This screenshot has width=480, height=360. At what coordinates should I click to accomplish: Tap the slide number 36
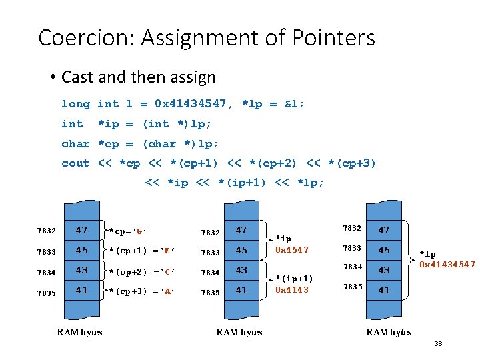click(438, 343)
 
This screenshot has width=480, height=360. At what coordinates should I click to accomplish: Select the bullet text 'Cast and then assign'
click(139, 77)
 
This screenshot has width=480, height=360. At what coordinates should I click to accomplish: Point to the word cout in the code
click(75, 163)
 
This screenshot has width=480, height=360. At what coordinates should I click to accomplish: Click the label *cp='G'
click(128, 231)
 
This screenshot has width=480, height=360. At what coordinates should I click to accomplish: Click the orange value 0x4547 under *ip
click(292, 249)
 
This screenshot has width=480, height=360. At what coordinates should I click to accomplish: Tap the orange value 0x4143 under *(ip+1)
click(292, 289)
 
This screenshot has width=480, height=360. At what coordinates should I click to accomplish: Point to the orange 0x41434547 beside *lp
click(447, 265)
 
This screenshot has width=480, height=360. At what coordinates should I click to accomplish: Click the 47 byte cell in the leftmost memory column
click(81, 230)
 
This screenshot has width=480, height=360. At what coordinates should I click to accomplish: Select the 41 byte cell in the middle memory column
click(241, 290)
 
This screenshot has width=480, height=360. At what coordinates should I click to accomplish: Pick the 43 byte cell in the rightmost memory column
click(384, 270)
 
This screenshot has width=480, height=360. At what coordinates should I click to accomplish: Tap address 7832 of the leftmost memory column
click(47, 231)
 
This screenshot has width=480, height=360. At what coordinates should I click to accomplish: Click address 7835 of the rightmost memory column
click(352, 287)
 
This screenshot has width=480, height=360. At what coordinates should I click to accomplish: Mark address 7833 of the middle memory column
click(211, 253)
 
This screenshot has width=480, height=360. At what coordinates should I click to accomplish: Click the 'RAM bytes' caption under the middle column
click(239, 332)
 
